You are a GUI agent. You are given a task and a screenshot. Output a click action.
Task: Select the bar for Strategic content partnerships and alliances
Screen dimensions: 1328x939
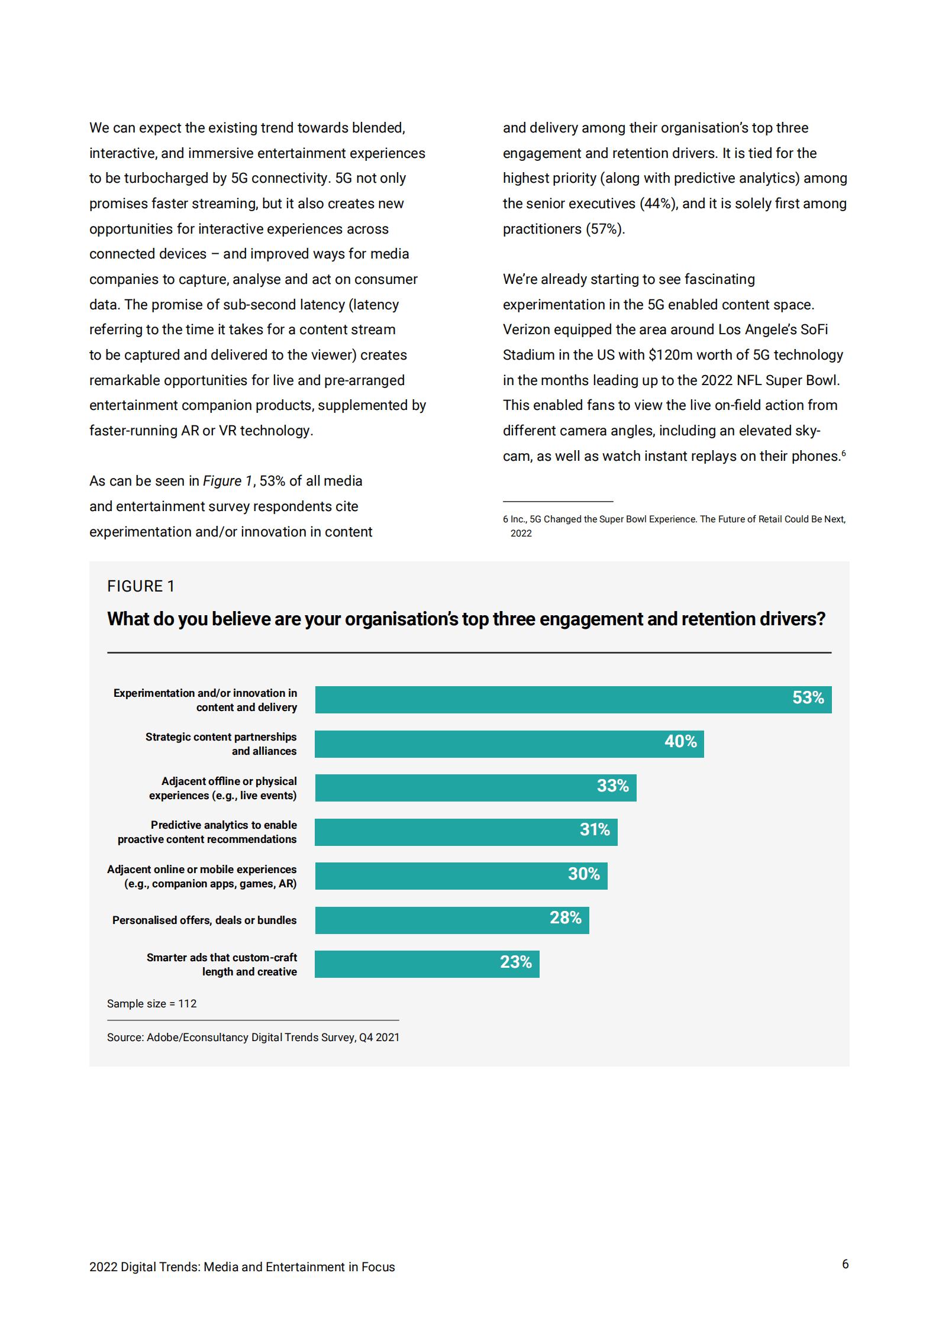tap(509, 744)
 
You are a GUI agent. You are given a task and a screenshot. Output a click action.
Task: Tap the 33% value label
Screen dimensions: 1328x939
tap(612, 786)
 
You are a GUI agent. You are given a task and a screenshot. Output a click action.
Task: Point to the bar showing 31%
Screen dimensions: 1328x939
tap(466, 832)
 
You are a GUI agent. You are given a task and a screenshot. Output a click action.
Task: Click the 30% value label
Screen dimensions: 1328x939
tap(583, 874)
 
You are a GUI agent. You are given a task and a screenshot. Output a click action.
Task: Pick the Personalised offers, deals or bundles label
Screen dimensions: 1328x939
tap(204, 920)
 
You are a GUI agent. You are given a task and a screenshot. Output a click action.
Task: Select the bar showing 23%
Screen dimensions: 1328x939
tap(427, 964)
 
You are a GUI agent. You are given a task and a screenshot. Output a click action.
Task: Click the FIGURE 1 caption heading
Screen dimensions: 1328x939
tap(141, 586)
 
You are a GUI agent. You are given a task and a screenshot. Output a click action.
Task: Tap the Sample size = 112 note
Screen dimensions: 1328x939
tap(151, 1003)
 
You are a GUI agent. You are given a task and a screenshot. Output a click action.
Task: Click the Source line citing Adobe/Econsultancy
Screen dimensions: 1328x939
tap(253, 1037)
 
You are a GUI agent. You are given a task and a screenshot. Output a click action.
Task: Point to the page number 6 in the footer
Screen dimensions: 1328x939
tap(845, 1264)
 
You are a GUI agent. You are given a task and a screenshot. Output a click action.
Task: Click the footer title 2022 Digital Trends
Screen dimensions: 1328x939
tap(242, 1266)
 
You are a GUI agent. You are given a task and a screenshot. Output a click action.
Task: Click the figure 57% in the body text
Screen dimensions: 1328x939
tap(604, 229)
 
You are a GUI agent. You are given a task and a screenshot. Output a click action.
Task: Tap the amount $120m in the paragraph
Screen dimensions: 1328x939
tap(670, 355)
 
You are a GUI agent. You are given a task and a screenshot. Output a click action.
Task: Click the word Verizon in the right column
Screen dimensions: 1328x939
tap(525, 329)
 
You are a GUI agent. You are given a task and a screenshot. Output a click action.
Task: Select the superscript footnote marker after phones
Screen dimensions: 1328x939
tap(843, 453)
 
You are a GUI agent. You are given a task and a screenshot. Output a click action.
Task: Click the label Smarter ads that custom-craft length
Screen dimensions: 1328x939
tap(222, 964)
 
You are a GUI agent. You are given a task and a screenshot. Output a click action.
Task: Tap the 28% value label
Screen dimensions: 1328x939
tap(565, 917)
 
